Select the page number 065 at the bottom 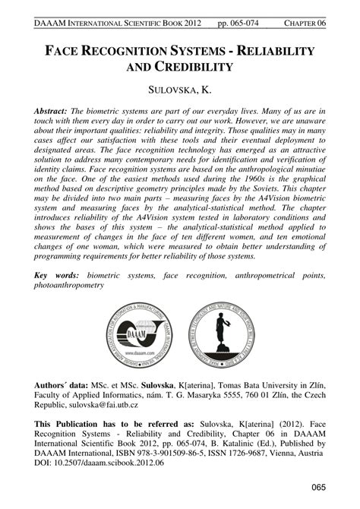tap(317, 487)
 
